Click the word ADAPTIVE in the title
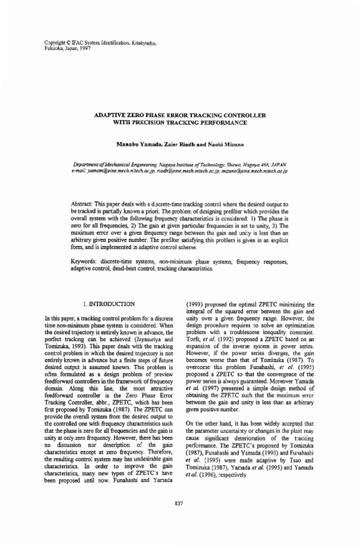113,114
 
